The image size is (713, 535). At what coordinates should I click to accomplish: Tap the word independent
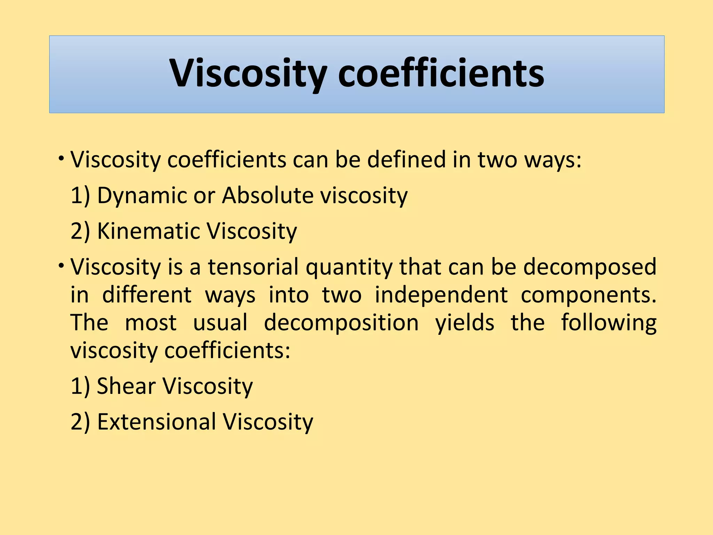click(441, 295)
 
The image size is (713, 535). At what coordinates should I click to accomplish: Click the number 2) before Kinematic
click(80, 231)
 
